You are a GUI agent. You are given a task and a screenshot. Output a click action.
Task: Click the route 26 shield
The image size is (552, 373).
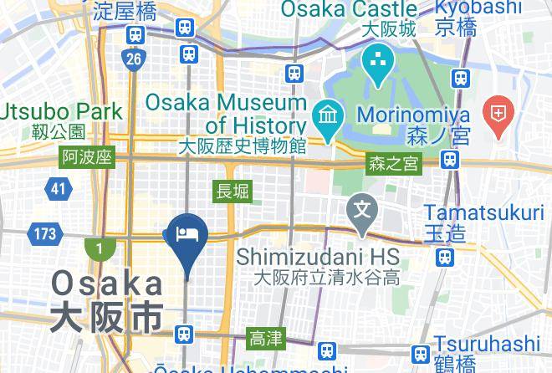coord(133,58)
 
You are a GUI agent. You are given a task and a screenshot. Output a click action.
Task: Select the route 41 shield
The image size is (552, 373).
coord(57,189)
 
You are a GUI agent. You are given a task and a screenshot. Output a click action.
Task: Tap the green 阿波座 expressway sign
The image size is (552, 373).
coord(87,157)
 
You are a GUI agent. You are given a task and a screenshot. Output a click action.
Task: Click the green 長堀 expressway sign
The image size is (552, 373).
coord(233,191)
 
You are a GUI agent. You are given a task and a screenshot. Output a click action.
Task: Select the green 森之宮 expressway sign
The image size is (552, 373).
coord(393,165)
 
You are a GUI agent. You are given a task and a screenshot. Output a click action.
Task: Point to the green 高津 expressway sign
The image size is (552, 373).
coord(266,339)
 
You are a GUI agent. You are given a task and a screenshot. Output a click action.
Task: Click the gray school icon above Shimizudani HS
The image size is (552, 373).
coord(363,206)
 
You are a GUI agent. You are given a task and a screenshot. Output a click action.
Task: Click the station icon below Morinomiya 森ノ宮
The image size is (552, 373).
coord(451,159)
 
